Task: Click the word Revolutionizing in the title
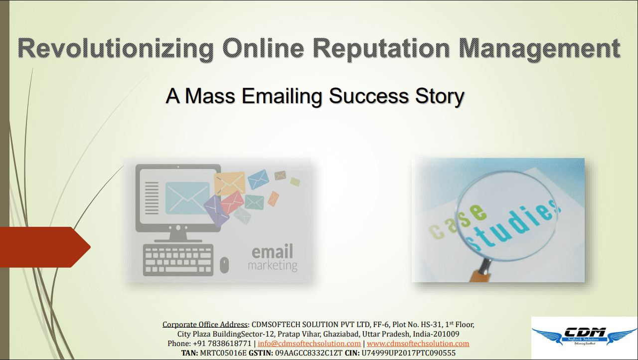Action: coord(116,49)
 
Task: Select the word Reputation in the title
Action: coord(381,49)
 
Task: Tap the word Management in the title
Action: coord(539,49)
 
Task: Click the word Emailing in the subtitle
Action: coord(282,96)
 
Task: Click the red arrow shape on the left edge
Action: coord(45,247)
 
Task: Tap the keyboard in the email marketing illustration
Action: coord(178,260)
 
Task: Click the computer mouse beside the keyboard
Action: coord(224,265)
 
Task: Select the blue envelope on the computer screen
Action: coord(187,198)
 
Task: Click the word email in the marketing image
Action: coord(272,251)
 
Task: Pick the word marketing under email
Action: coord(273,265)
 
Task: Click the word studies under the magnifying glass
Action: coord(513,226)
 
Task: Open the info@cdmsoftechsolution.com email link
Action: coord(310,344)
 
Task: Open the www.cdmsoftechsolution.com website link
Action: coord(418,344)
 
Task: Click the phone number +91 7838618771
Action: coord(222,344)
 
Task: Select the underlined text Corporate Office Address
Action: coord(205,325)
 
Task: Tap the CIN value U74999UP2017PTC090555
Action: coord(408,353)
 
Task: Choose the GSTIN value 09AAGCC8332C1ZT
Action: coord(309,353)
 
